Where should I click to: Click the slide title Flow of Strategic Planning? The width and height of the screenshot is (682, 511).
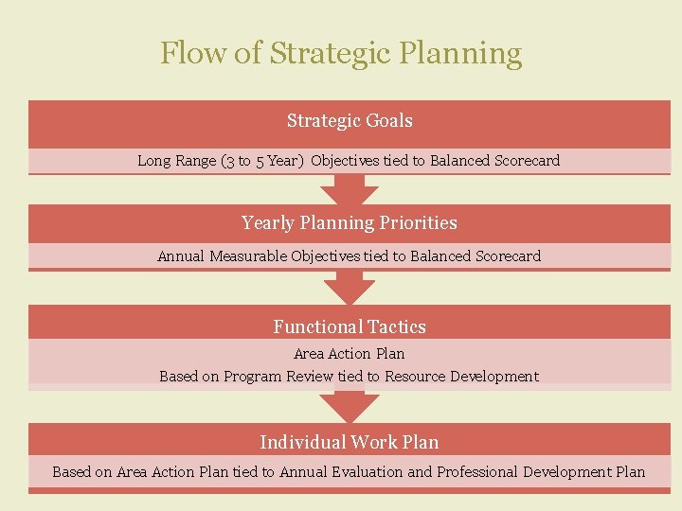pos(341,53)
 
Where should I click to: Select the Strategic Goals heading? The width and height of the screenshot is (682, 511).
pos(350,121)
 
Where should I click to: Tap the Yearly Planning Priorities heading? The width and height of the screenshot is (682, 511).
pos(350,223)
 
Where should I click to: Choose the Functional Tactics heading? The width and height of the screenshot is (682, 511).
pos(350,327)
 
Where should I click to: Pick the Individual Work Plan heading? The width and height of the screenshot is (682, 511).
pos(350,443)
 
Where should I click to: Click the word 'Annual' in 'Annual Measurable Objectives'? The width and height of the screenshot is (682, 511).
pos(181,256)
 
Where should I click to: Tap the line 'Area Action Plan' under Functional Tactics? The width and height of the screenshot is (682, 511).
pos(350,354)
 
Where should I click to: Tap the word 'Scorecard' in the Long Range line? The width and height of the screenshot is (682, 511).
pos(527,161)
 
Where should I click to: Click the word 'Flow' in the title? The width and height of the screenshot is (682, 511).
pos(192,53)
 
